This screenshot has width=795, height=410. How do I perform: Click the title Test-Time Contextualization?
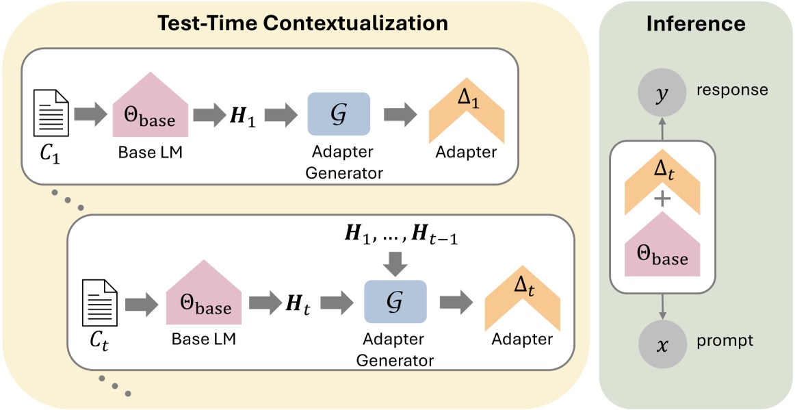point(302,23)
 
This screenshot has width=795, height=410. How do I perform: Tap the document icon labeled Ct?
point(100,305)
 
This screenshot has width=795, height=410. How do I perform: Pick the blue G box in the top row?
point(339,114)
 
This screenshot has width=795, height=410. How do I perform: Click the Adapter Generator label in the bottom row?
point(395,349)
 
